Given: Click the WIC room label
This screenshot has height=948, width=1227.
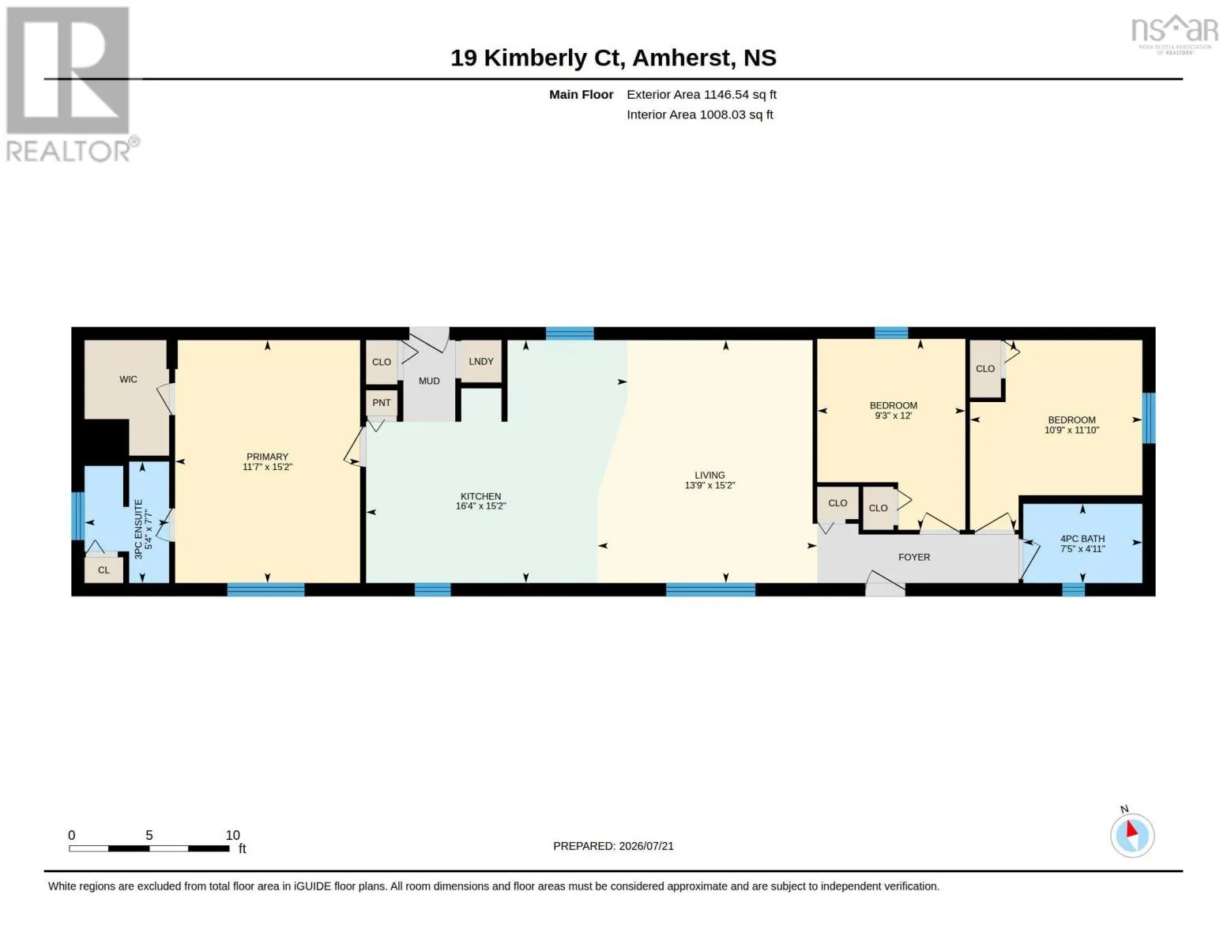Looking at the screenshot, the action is (128, 379).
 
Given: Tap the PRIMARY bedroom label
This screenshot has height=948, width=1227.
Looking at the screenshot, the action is (267, 457).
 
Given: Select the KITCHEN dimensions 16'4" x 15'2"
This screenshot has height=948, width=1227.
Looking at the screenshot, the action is (480, 506).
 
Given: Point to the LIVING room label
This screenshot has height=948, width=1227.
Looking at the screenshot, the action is (709, 476).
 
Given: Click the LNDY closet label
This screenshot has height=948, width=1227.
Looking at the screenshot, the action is (481, 361).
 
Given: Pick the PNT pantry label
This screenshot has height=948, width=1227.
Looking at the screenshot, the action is (381, 403).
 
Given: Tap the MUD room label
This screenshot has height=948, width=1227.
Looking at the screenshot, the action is (429, 381).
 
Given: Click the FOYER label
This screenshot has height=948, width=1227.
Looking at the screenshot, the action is (914, 557).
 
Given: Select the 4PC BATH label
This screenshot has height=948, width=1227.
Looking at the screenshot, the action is (1082, 539).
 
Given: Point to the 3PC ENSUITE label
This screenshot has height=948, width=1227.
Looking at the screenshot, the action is (139, 529).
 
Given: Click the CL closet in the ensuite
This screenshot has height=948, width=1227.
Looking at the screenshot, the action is (104, 570).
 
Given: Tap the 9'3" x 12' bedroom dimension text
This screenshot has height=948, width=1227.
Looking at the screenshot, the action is (894, 416).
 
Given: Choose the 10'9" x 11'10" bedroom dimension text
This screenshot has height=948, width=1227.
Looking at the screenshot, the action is (1071, 431).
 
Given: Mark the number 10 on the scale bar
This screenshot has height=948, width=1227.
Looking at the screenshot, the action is (232, 835).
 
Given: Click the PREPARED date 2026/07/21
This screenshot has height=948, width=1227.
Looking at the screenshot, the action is (646, 846).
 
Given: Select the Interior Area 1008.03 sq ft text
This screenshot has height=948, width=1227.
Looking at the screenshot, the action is (699, 115).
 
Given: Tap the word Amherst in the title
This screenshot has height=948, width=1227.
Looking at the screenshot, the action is (683, 58).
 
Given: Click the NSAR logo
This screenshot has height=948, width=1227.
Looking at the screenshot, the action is (1175, 34).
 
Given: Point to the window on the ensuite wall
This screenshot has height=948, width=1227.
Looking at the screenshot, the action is (78, 516).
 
